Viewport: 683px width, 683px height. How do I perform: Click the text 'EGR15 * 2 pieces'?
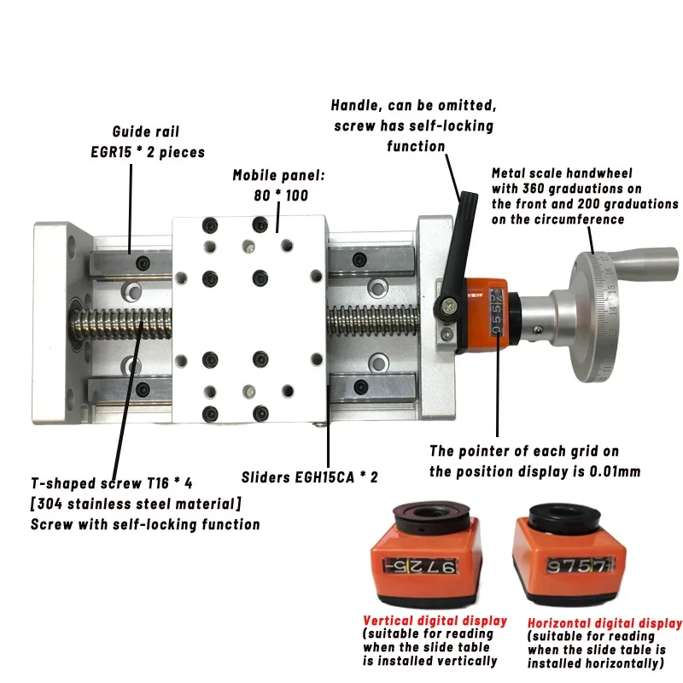(148, 152)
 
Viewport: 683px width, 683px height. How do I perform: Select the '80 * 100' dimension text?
(281, 196)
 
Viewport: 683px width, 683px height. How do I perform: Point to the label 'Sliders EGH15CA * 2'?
(310, 477)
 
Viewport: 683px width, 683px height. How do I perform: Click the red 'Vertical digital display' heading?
(435, 621)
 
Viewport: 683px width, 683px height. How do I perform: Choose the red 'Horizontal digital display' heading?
(604, 623)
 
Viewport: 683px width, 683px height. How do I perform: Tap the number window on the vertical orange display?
(420, 566)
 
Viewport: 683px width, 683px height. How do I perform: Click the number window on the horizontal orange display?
(580, 565)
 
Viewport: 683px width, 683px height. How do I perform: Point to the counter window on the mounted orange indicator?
(496, 312)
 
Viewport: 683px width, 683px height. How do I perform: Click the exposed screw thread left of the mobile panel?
(121, 325)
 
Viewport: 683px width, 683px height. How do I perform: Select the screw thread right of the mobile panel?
(373, 321)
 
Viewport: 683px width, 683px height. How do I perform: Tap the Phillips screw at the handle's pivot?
(448, 306)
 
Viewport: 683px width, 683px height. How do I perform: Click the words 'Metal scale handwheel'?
(562, 173)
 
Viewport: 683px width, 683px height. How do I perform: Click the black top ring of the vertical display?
(431, 516)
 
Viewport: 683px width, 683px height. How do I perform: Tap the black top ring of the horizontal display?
(563, 518)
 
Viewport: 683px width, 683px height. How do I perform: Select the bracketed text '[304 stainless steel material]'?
(136, 504)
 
